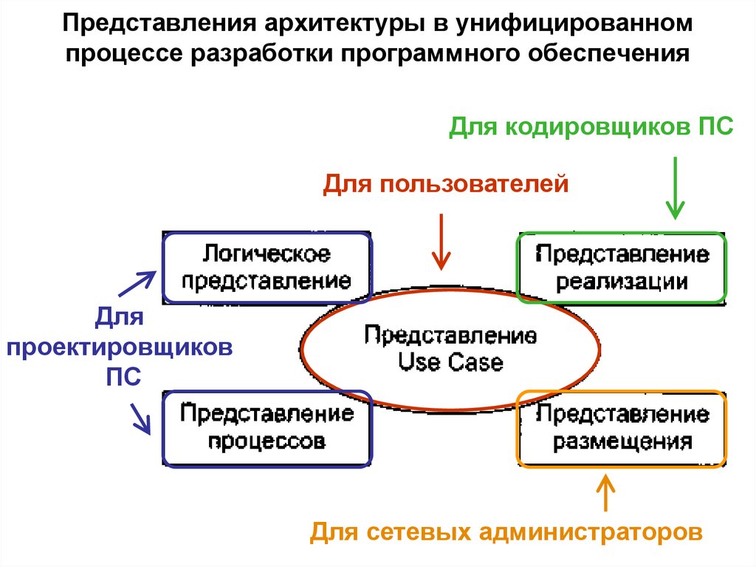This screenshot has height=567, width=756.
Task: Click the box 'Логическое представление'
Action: (267, 268)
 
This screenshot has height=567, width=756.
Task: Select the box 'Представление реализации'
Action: (622, 268)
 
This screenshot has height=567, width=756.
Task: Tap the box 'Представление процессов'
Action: (267, 429)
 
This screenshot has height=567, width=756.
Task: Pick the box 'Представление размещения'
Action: (622, 429)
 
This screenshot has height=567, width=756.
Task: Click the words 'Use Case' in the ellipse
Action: (450, 363)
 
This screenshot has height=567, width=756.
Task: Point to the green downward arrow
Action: (675, 188)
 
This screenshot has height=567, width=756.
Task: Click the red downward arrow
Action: (441, 241)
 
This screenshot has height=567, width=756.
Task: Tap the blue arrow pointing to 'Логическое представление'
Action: (138, 283)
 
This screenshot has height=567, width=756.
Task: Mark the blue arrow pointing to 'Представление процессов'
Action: (140, 418)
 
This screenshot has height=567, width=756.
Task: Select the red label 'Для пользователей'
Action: (446, 183)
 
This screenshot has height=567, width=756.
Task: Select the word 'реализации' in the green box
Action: (622, 282)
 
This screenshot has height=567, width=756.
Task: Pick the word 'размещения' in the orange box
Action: (622, 442)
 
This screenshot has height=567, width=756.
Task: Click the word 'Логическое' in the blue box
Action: (267, 254)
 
